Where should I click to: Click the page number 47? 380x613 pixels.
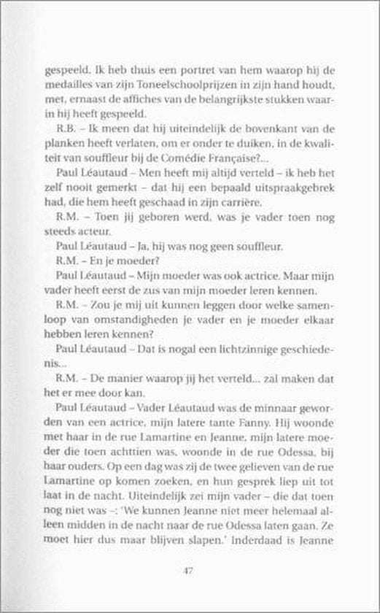point(190,570)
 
